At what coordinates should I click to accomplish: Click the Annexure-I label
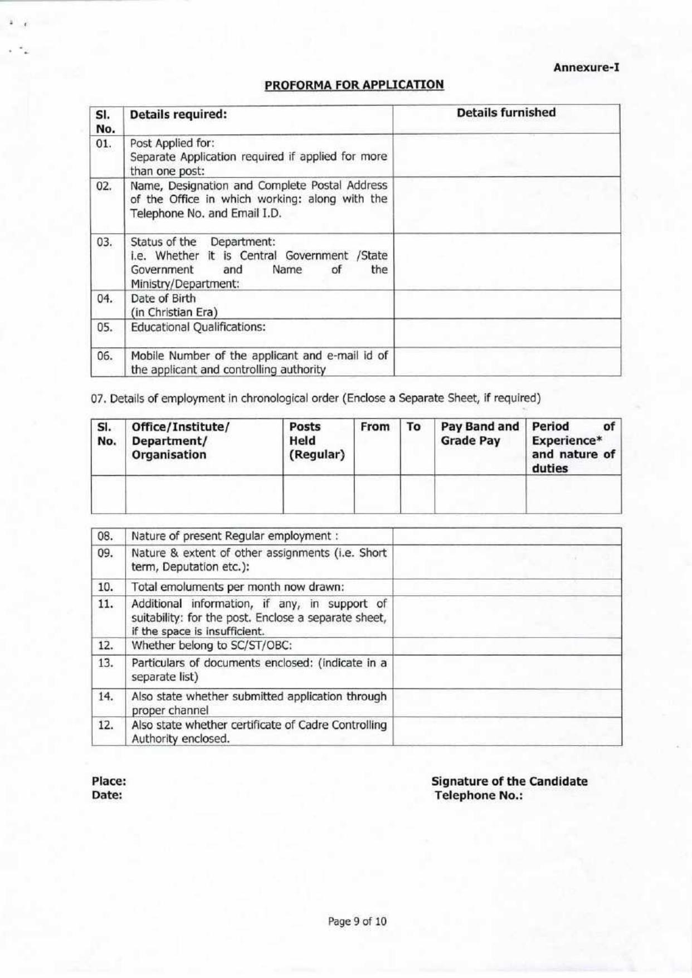click(586, 67)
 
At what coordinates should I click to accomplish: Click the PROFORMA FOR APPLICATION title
click(354, 85)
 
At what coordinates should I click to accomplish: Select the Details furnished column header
click(506, 113)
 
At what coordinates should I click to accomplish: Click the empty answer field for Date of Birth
click(507, 304)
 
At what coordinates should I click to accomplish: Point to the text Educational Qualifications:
click(198, 327)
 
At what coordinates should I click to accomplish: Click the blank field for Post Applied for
click(507, 155)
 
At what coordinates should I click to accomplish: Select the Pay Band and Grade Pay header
click(479, 434)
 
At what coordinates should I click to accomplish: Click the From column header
click(374, 427)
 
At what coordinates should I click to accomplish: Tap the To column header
click(413, 427)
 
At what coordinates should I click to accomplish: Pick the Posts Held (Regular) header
click(316, 440)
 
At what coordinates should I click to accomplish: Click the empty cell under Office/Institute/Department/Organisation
click(204, 494)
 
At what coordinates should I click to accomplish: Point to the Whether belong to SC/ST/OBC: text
click(212, 646)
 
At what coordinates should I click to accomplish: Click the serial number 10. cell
click(105, 587)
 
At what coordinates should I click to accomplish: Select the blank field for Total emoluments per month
click(507, 587)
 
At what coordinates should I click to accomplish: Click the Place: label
click(109, 781)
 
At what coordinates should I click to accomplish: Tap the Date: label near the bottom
click(107, 795)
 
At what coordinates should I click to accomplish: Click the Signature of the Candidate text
click(509, 781)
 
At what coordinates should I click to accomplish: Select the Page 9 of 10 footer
click(357, 921)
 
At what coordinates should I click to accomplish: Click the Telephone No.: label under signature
click(479, 795)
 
